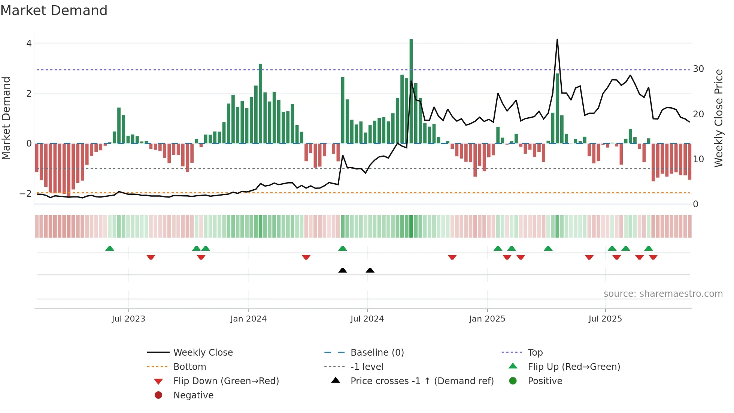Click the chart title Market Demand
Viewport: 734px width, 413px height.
click(x=54, y=10)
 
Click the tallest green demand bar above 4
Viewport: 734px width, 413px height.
click(x=411, y=90)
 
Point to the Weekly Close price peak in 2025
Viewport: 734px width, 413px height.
click(x=557, y=40)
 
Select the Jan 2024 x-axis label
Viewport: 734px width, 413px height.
click(x=248, y=319)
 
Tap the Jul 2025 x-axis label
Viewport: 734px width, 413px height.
click(x=605, y=319)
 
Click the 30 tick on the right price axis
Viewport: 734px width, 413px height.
click(x=698, y=69)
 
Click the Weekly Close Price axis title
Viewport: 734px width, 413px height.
click(x=718, y=118)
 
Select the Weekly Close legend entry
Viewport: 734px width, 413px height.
click(x=203, y=353)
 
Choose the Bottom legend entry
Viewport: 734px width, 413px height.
click(x=189, y=367)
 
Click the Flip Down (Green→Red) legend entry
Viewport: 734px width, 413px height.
click(x=226, y=381)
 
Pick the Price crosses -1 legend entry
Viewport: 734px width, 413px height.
click(x=422, y=381)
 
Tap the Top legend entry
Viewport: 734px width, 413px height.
click(x=535, y=353)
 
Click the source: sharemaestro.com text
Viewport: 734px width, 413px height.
click(x=663, y=294)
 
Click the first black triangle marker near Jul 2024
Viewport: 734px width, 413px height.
click(x=343, y=270)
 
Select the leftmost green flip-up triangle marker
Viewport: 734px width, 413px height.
click(x=110, y=248)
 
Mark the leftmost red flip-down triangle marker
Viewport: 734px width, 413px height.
click(x=151, y=257)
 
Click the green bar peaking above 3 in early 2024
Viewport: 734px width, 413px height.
click(x=261, y=103)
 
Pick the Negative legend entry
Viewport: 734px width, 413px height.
click(x=193, y=395)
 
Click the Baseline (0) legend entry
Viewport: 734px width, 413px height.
click(x=377, y=353)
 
